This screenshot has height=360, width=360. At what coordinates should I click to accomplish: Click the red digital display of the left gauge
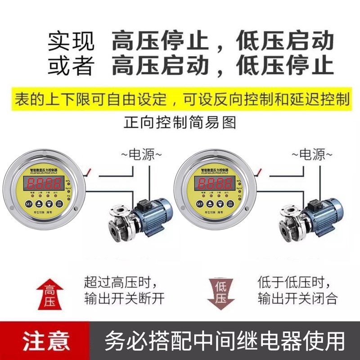45,183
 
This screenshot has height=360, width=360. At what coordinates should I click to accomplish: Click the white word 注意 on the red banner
46,340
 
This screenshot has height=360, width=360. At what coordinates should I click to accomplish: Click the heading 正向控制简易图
180,122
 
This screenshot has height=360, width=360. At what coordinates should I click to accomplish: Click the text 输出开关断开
124,298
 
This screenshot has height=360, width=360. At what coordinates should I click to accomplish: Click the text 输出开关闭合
297,298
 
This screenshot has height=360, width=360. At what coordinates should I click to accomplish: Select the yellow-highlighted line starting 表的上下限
180,99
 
